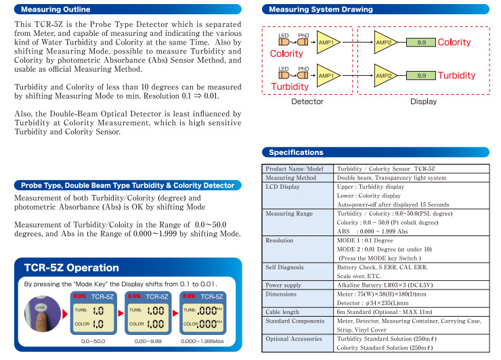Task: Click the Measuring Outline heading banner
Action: pos(128,9)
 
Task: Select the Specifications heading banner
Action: pos(376,152)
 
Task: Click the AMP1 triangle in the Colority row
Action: pos(328,42)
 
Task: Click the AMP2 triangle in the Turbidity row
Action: pos(386,75)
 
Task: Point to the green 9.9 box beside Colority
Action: pos(421,42)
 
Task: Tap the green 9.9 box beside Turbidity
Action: pos(421,75)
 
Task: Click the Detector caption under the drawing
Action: pos(307,102)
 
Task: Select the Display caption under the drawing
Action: pos(423,102)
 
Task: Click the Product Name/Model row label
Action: pos(295,168)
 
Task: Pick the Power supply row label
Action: pos(284,285)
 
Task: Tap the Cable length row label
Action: pos(282,312)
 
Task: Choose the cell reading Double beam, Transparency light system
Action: pos(391,177)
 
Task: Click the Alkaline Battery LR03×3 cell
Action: pos(385,285)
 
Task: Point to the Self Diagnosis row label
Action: pos(284,267)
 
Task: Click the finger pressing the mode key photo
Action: pos(43,314)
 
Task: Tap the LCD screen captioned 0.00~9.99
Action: pos(148,317)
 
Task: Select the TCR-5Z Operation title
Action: pos(72,268)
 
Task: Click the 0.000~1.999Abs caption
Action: pos(202,341)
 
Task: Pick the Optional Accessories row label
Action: pos(294,338)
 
